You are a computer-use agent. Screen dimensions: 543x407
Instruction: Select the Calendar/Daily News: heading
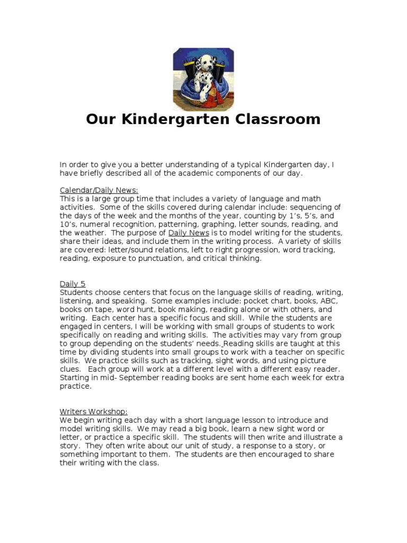pos(99,190)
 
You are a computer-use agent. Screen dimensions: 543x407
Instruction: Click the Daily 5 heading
pos(72,284)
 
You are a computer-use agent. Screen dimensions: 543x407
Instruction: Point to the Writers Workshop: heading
pos(93,411)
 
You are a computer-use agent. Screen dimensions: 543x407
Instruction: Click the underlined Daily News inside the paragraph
pos(189,233)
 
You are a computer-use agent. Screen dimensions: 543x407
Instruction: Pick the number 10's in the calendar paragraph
pos(67,224)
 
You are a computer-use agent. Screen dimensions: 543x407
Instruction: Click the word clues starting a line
pos(70,369)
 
